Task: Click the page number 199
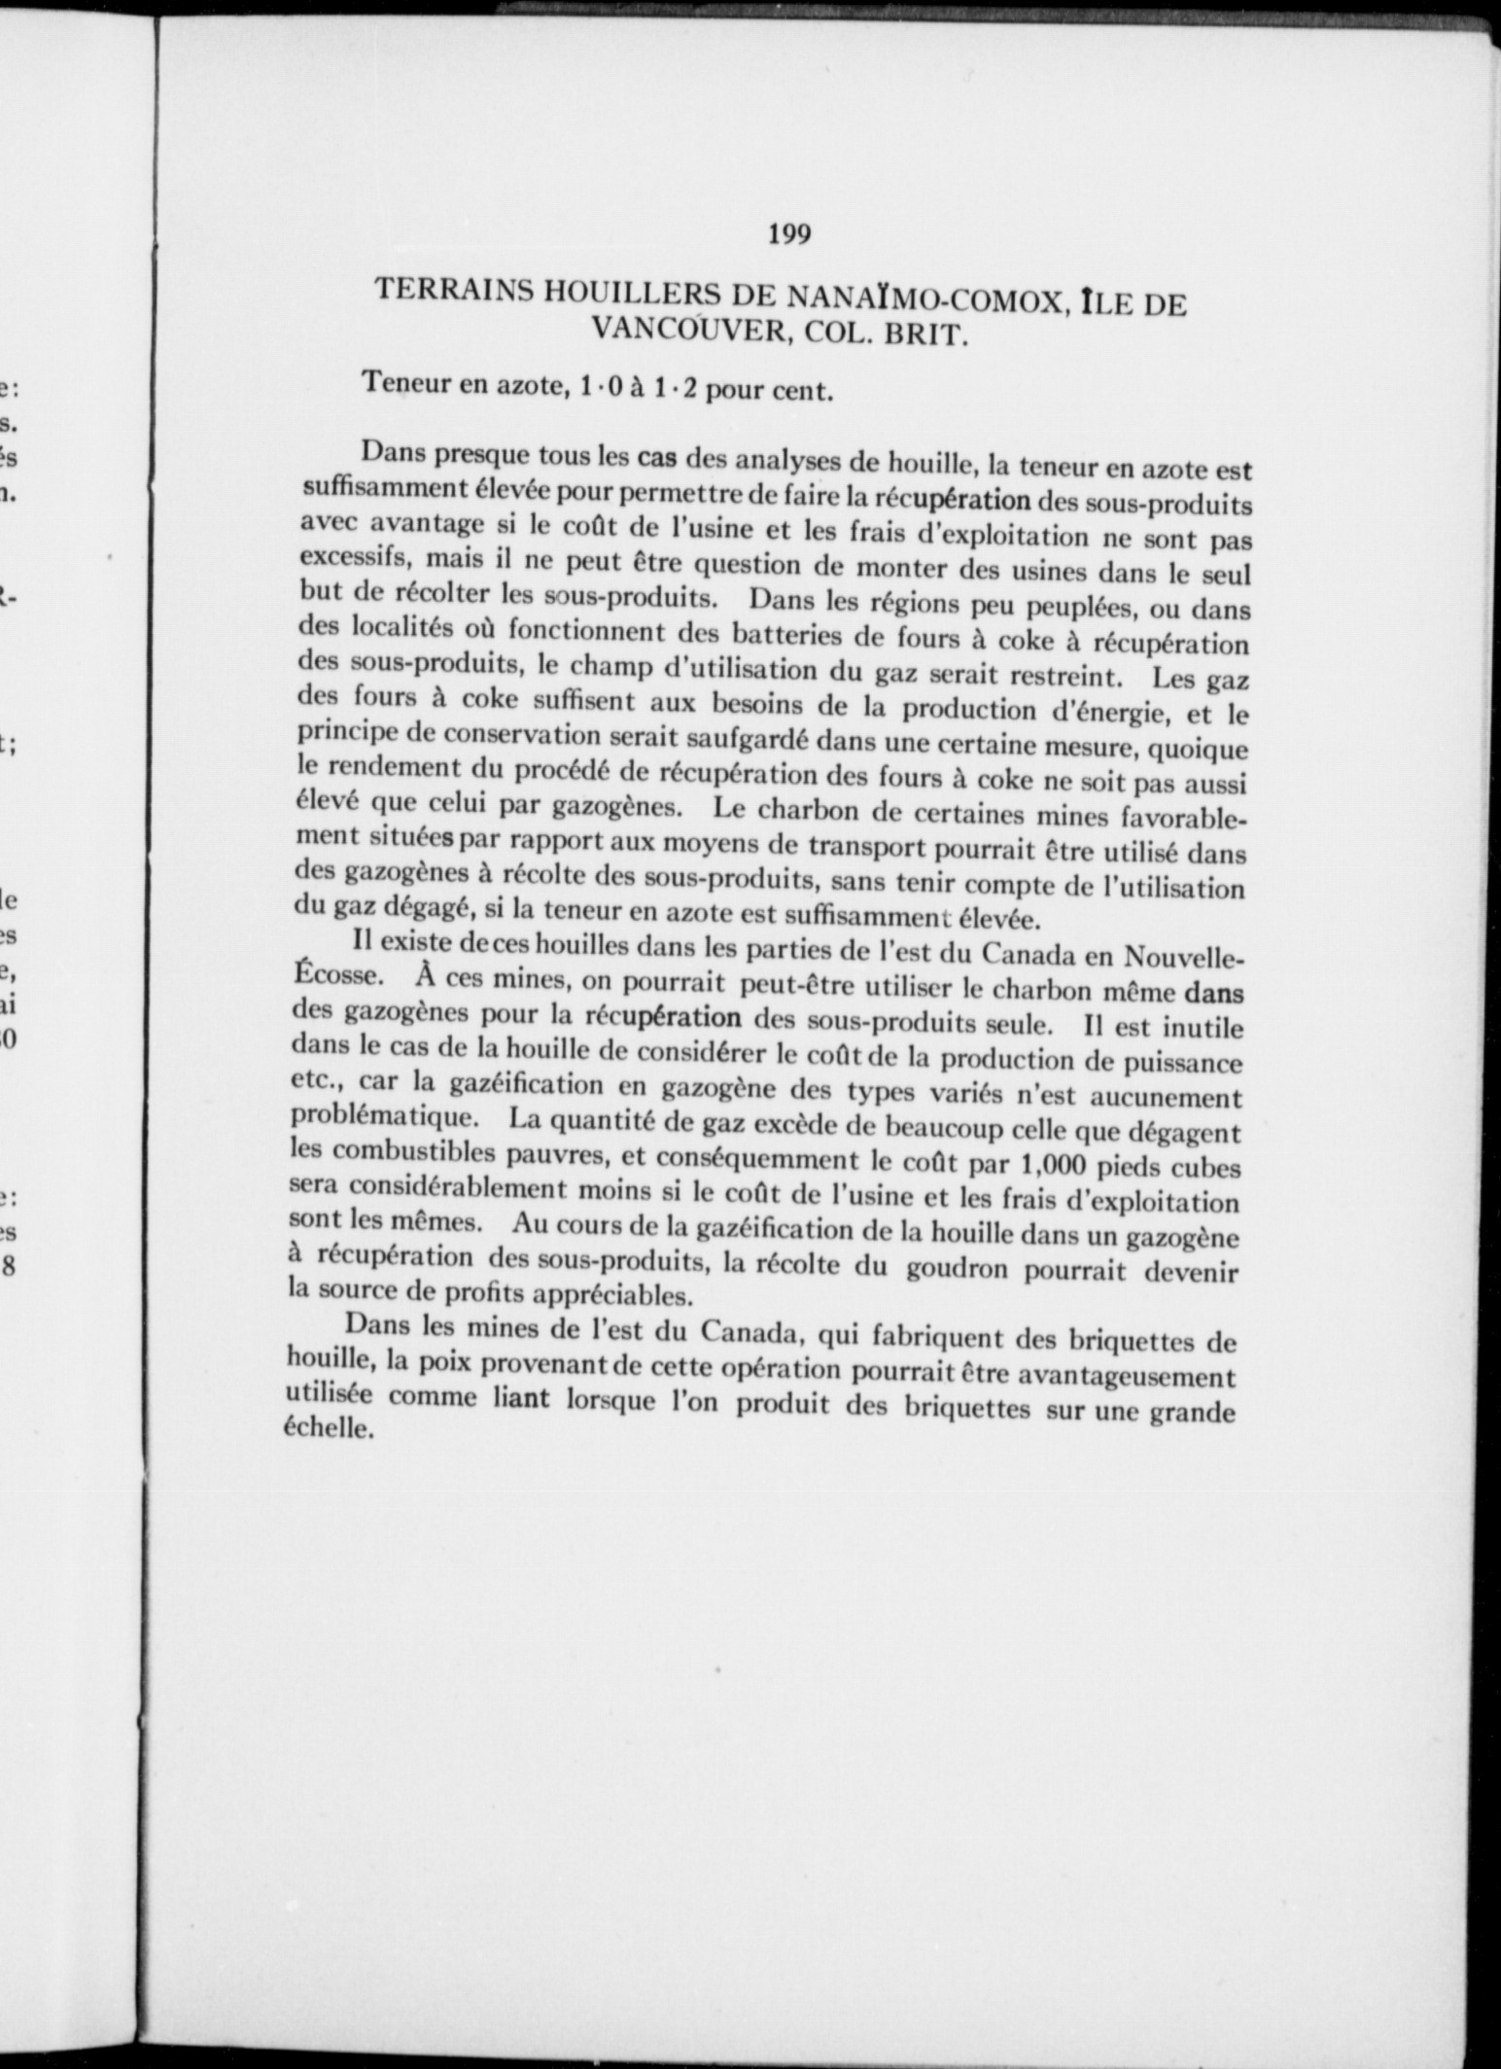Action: coord(788,234)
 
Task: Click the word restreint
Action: coord(1068,674)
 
